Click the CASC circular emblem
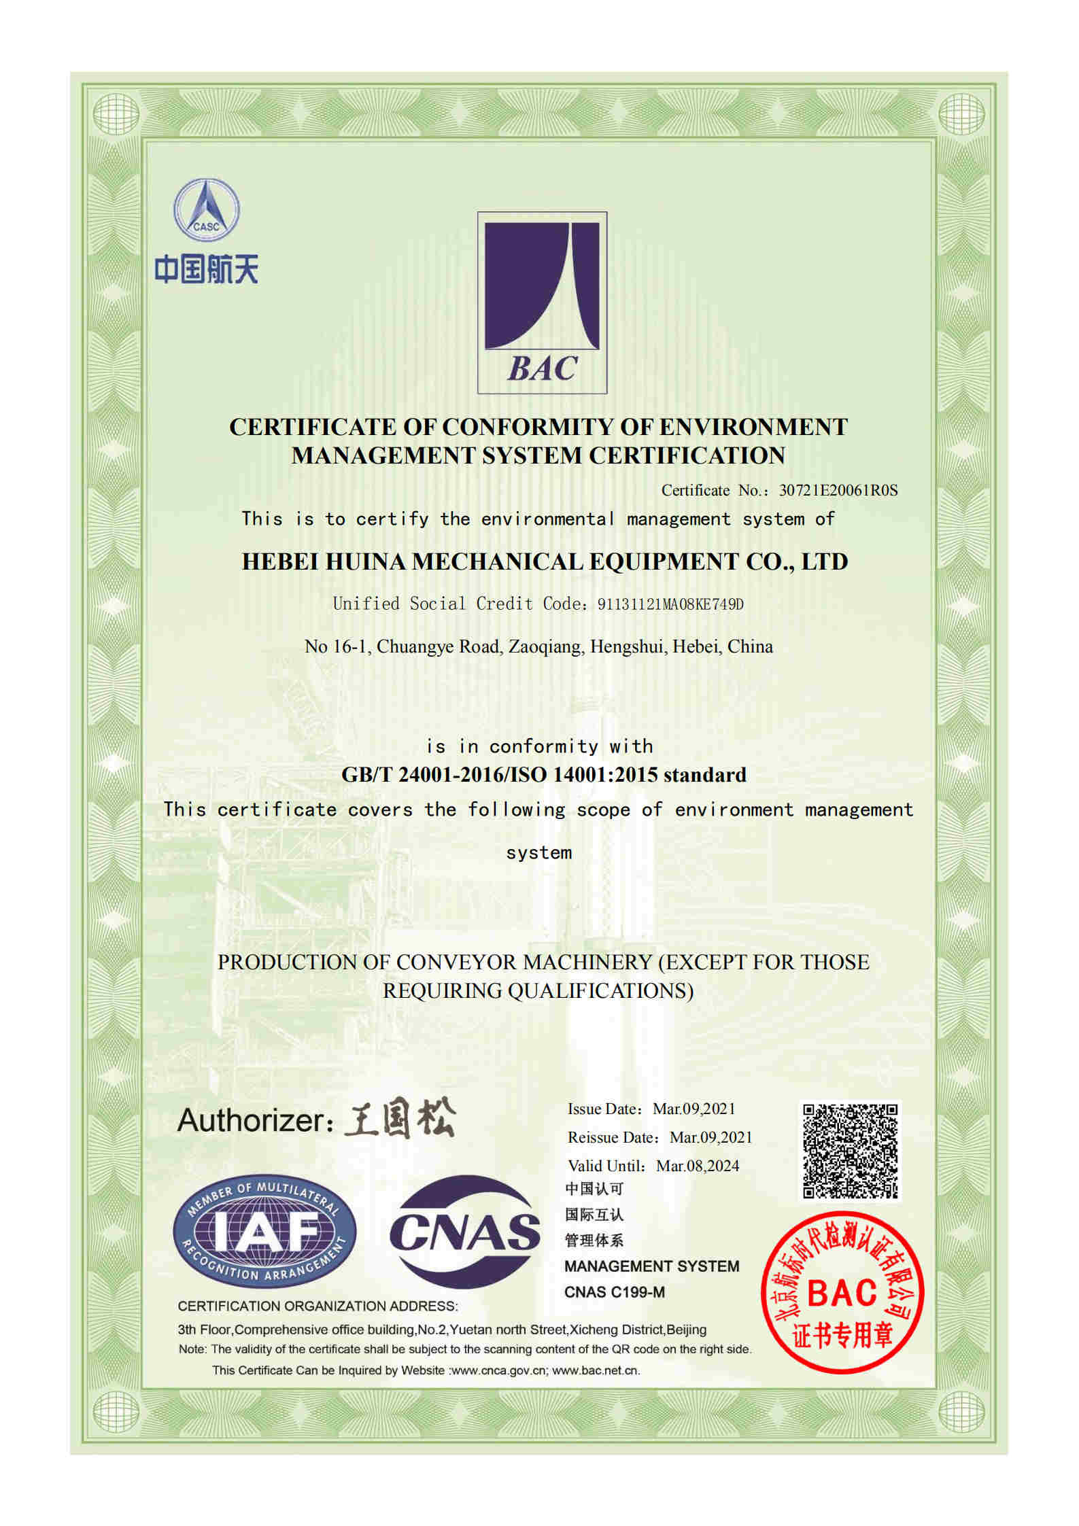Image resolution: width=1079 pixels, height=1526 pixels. click(206, 211)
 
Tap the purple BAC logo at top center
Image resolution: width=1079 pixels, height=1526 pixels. click(542, 302)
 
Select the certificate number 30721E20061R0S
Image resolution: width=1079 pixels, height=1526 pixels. click(838, 490)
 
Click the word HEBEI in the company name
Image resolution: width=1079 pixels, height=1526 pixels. click(280, 561)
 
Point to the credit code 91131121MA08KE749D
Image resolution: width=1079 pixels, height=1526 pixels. click(670, 604)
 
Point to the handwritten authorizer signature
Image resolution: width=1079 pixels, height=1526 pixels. click(400, 1120)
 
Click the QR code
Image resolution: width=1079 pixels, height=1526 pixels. click(850, 1151)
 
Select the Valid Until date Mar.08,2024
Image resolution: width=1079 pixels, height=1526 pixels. click(697, 1166)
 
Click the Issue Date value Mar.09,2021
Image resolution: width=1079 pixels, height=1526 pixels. click(693, 1109)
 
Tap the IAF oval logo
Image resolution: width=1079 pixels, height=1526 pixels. click(264, 1231)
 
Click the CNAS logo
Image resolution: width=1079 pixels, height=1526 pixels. click(465, 1231)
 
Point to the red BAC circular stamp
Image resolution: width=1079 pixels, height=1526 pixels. click(842, 1291)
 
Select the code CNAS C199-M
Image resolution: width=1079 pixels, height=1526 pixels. click(614, 1291)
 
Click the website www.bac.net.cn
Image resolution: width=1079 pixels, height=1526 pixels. click(596, 1370)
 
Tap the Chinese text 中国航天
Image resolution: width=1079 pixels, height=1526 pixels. click(206, 269)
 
